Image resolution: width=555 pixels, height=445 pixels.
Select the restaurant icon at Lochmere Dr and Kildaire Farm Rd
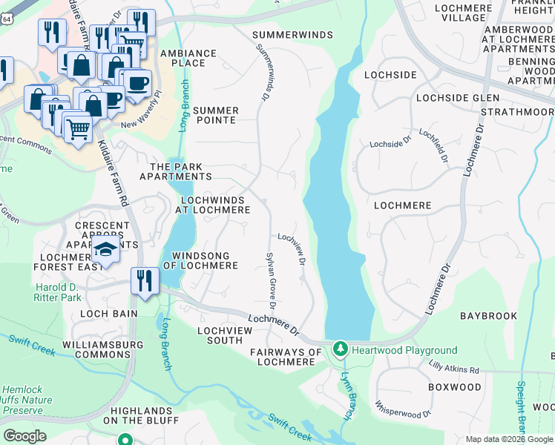(x=144, y=281)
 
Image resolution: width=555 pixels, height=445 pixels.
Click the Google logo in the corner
(x=24, y=435)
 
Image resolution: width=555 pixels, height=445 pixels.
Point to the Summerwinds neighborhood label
(x=289, y=35)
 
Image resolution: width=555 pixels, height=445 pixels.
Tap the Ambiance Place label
(x=183, y=58)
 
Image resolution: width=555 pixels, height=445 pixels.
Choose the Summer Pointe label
(x=214, y=115)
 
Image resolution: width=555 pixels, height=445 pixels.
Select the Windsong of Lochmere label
(x=200, y=260)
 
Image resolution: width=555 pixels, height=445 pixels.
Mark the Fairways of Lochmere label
(x=286, y=357)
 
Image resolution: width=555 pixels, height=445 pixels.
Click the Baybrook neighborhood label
(x=488, y=316)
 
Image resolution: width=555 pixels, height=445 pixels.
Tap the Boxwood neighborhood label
(x=454, y=387)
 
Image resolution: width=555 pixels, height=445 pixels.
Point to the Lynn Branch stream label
(x=345, y=395)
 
